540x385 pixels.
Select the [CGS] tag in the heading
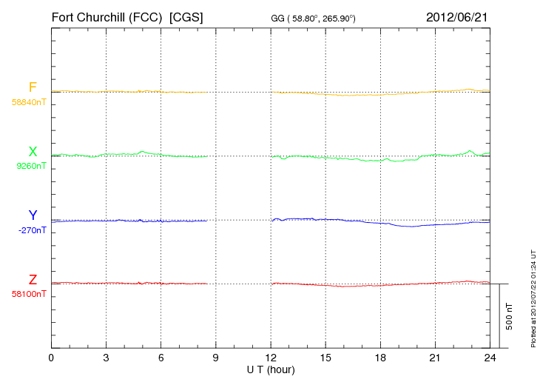tap(186, 16)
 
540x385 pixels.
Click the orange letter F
tap(33, 87)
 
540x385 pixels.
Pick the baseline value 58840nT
tap(29, 102)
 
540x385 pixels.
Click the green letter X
tap(33, 152)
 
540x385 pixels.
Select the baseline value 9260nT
tap(32, 166)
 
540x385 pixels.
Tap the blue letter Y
tap(33, 215)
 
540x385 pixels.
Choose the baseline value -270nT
tap(33, 230)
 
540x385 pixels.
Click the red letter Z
tap(33, 280)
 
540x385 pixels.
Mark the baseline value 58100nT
tap(29, 294)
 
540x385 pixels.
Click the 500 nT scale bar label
tap(510, 316)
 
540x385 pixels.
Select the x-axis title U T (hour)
tap(270, 369)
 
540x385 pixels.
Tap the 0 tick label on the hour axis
tap(51, 358)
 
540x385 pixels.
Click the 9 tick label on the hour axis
tap(215, 358)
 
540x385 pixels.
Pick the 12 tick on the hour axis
tap(271, 358)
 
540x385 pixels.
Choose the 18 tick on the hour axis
tap(380, 358)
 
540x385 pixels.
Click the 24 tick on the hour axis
tap(490, 358)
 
